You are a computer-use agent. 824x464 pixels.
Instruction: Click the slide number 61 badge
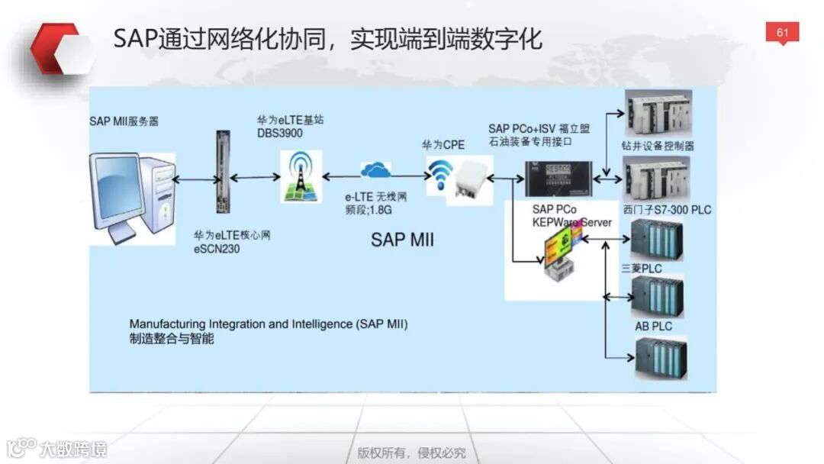782,33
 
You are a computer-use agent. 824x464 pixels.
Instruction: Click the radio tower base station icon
301,176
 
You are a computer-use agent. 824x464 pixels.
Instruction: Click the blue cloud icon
375,169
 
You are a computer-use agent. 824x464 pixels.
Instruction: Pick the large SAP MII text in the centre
402,240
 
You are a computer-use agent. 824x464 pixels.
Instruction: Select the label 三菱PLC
642,269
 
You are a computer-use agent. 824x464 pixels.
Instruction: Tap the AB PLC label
654,326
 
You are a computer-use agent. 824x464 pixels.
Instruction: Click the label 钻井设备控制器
658,146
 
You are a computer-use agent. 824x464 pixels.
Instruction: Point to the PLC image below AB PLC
661,359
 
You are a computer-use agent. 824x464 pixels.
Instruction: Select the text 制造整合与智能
172,338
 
